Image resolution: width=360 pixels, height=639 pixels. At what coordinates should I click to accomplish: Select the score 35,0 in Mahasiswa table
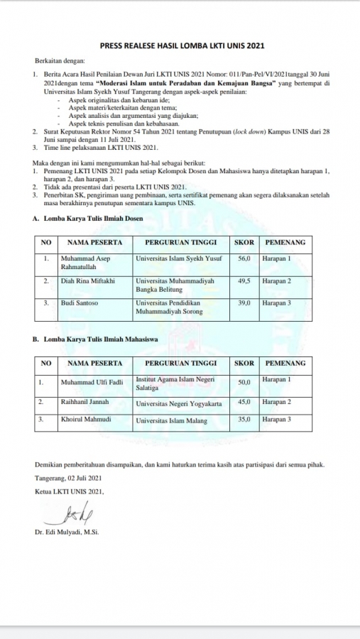pos(244,420)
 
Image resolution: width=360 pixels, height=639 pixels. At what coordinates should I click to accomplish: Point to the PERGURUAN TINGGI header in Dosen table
pos(180,242)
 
